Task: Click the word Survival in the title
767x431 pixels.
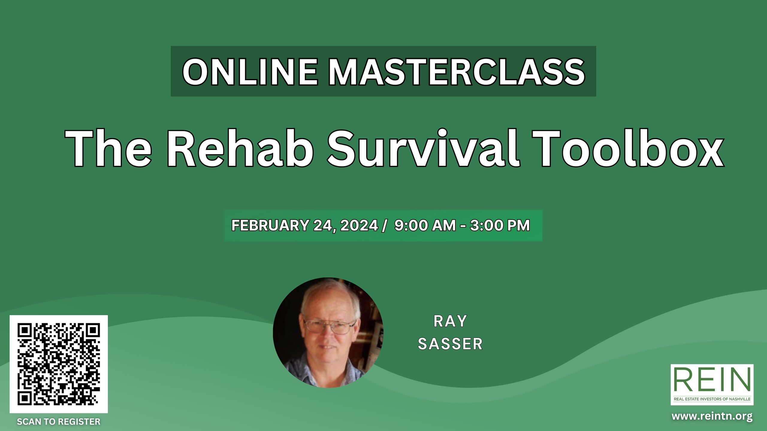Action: (424, 148)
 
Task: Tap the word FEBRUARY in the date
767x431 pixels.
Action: (270, 225)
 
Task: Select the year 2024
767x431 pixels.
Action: (359, 225)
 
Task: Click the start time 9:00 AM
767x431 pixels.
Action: (425, 225)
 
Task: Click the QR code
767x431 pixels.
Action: (59, 364)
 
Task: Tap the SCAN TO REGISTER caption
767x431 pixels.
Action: (59, 422)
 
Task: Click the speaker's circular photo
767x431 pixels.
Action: (328, 332)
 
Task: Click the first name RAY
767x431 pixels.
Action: (451, 321)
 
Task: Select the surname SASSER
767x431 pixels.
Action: (451, 344)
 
